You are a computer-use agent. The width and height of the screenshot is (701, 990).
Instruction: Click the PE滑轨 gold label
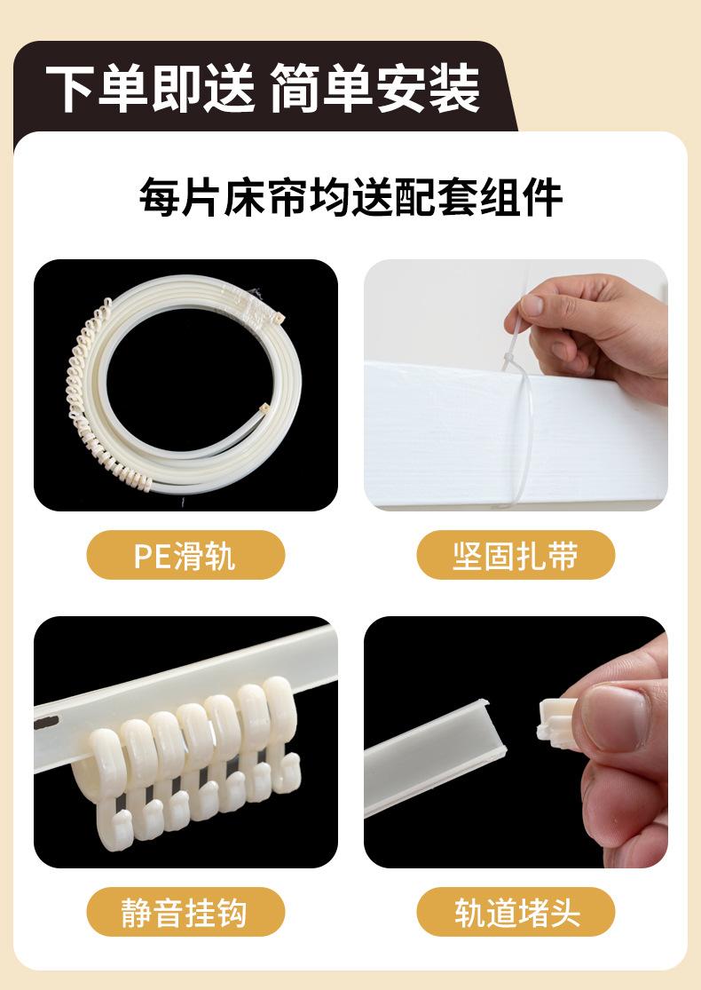click(x=185, y=555)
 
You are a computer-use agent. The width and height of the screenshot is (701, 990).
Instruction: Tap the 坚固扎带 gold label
click(x=516, y=555)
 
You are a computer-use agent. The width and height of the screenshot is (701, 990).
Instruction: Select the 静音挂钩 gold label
click(x=185, y=913)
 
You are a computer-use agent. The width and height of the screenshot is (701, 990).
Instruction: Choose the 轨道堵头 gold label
click(x=516, y=913)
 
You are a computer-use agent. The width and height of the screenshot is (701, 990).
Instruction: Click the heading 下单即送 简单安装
click(x=264, y=89)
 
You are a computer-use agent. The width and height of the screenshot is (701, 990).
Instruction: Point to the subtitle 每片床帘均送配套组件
click(x=350, y=198)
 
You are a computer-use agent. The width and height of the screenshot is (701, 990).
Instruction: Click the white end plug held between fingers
click(x=556, y=721)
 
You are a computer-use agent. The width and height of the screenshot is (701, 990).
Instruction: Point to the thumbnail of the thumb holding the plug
click(x=616, y=717)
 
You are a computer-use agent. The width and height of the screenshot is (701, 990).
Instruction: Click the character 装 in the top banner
click(x=455, y=89)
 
